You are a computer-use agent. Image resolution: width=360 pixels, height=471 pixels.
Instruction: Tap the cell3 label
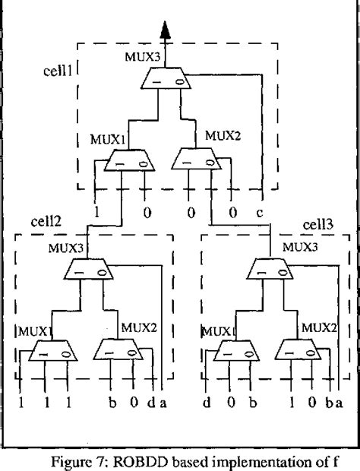pyautogui.click(x=318, y=226)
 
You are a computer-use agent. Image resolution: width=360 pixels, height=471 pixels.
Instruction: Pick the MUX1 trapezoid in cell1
pyautogui.click(x=126, y=161)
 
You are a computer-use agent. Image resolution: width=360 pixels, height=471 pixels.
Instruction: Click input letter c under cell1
pyautogui.click(x=262, y=213)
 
